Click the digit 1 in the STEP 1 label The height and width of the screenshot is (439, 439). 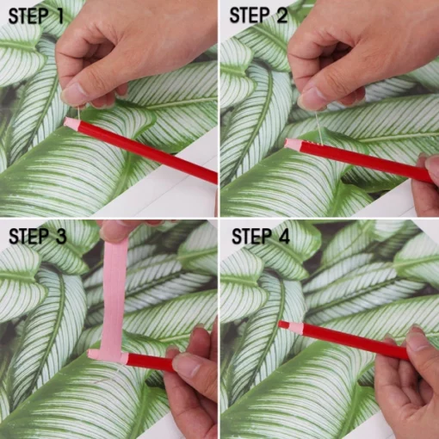[59, 16]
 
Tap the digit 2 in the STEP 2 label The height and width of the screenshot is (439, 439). [282, 15]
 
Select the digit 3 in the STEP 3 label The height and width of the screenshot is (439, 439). [60, 237]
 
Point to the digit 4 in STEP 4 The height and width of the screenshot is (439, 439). [283, 237]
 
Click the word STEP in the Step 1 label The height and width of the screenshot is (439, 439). [28, 16]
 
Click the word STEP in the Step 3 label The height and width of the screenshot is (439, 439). [28, 237]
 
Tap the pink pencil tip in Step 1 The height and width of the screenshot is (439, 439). [71, 123]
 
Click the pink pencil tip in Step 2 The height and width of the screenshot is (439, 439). [293, 144]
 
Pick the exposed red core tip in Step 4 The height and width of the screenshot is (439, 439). [284, 325]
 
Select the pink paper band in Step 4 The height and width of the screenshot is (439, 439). [296, 326]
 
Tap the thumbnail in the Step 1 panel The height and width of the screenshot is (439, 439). [73, 92]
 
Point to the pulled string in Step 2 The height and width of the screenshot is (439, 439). [319, 128]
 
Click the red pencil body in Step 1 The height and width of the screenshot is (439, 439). [146, 151]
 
